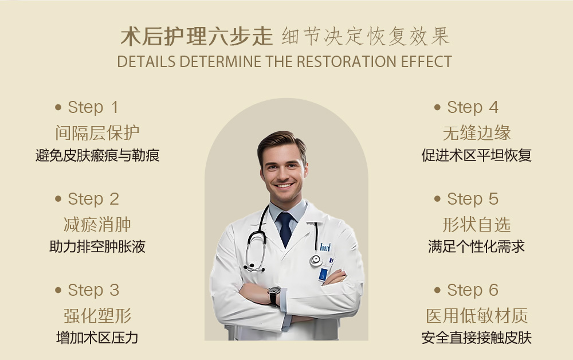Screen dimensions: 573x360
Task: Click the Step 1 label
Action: (93, 107)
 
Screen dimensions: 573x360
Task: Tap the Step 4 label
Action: (473, 107)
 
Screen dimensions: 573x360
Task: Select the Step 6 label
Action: (473, 290)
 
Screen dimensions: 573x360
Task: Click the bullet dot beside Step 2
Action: (58, 199)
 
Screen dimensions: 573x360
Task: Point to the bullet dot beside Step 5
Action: (437, 199)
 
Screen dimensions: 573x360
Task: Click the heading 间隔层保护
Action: (97, 132)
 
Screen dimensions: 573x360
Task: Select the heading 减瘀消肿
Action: (97, 224)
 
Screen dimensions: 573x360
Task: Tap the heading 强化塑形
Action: (97, 315)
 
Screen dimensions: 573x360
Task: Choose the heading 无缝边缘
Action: (477, 132)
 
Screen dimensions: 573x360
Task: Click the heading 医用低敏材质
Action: (477, 315)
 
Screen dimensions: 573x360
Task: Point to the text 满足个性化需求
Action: (477, 246)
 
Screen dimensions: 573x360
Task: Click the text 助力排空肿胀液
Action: (97, 246)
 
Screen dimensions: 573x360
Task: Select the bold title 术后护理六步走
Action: (197, 37)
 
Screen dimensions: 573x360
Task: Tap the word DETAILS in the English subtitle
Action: (146, 61)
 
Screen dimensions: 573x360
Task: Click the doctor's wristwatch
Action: (274, 295)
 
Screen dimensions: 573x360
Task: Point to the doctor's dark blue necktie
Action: (285, 228)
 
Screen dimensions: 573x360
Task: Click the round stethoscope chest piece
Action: (316, 260)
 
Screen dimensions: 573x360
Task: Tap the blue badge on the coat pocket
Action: (323, 275)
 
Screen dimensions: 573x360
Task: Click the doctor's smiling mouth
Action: (284, 186)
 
